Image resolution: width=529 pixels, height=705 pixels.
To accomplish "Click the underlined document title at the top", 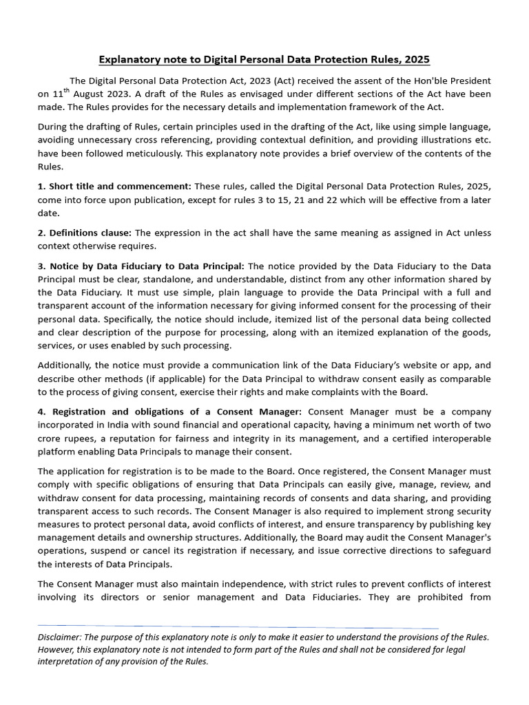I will (x=264, y=60).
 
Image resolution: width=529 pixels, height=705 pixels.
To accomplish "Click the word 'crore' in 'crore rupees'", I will (x=52, y=438).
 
